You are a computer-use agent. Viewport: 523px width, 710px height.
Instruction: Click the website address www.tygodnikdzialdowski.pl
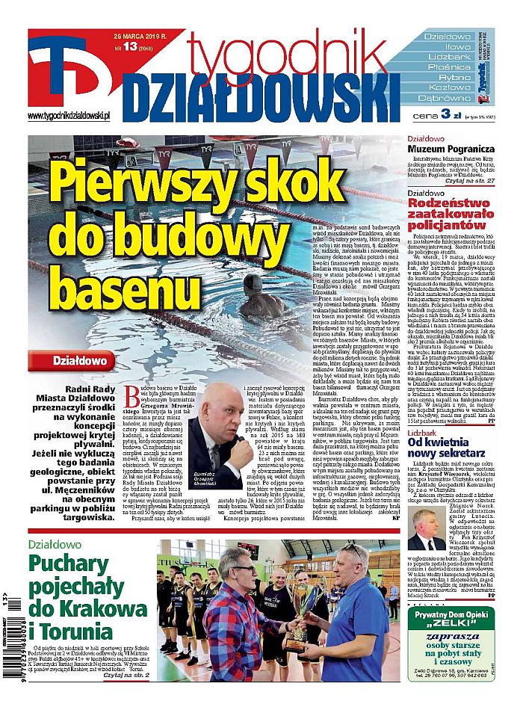coord(69,116)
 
